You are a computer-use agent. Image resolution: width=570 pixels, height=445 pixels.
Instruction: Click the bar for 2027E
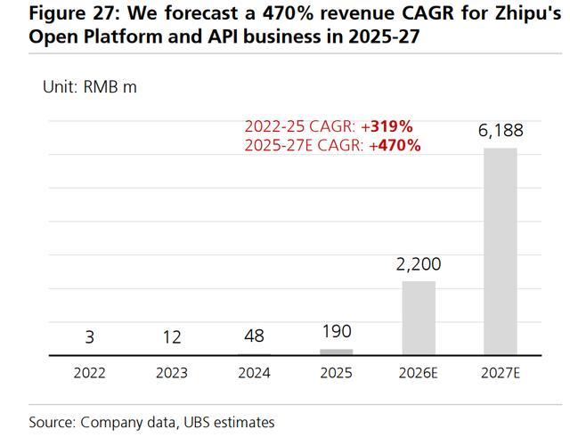point(500,251)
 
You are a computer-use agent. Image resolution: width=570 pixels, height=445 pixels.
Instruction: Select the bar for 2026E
point(419,319)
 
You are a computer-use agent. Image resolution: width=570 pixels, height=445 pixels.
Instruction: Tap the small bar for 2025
point(336,352)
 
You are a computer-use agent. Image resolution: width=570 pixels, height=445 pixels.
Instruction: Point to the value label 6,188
point(501,131)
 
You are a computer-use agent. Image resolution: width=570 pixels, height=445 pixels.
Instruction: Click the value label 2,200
point(419,264)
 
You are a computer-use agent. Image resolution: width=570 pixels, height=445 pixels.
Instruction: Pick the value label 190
point(336,331)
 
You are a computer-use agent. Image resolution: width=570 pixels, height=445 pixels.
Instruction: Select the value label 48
point(254,336)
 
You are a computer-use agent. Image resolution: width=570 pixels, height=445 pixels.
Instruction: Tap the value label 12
point(171,336)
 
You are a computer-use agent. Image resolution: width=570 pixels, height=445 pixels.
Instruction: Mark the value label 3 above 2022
point(89,336)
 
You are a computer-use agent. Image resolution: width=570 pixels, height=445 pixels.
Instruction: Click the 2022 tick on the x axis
point(89,373)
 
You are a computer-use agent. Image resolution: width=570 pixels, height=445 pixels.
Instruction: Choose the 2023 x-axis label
point(171,373)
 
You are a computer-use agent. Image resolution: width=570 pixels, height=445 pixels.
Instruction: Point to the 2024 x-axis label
point(254,373)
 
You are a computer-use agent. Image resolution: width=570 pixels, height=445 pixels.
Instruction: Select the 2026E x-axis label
point(419,373)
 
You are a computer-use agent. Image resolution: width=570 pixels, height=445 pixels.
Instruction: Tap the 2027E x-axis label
point(501,373)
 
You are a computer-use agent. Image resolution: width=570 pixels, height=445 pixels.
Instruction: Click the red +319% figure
point(391,126)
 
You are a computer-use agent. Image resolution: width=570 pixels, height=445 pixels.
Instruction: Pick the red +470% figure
point(399,145)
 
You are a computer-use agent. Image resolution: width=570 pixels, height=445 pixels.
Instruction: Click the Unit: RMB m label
point(90,86)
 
